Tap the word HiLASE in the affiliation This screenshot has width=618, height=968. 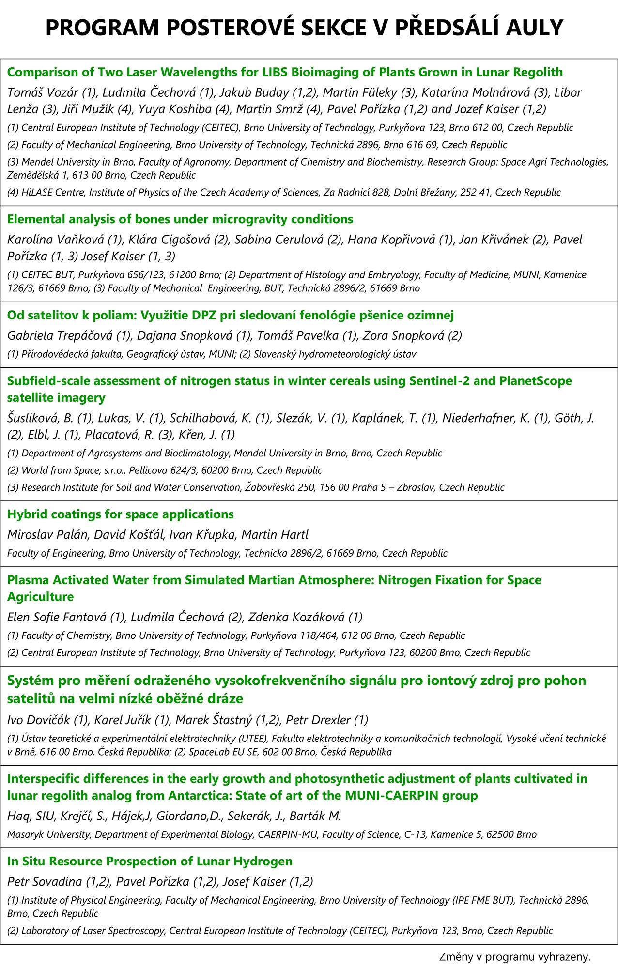tap(37, 193)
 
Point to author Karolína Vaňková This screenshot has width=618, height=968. tap(54, 240)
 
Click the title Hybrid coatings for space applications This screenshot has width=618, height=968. tap(120, 514)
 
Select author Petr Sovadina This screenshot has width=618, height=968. tap(44, 882)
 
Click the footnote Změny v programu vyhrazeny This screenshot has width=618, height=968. tap(514, 957)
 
